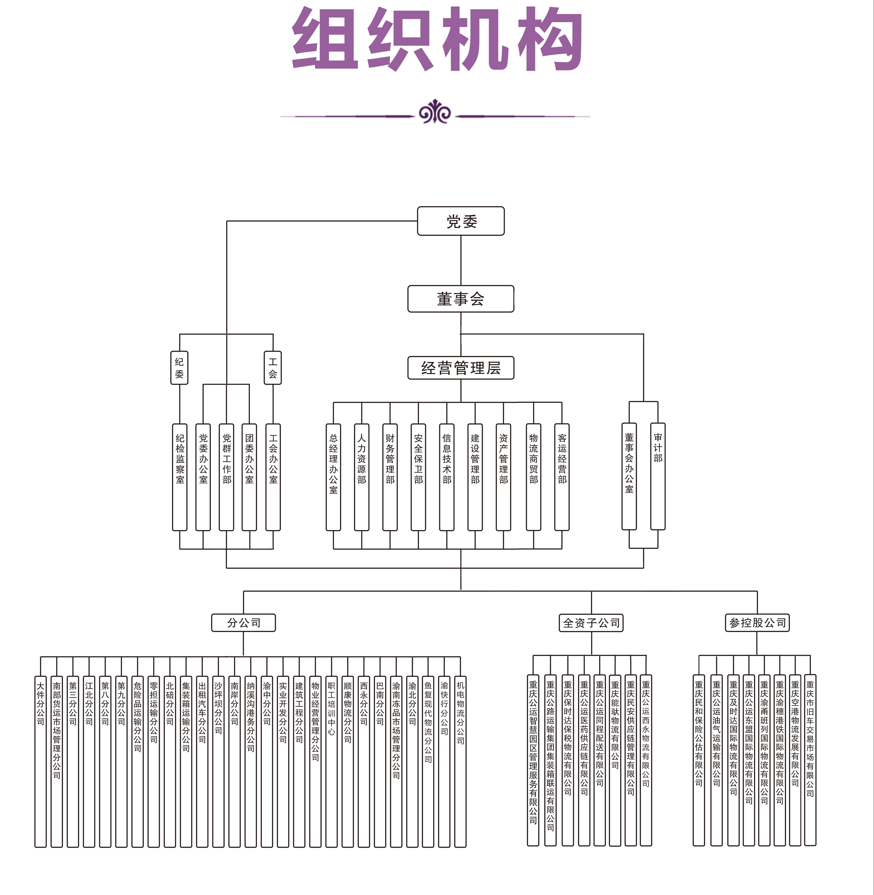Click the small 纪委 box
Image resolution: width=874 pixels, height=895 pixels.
click(180, 368)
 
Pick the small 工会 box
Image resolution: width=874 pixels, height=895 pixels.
click(273, 368)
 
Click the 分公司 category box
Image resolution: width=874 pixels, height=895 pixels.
click(243, 623)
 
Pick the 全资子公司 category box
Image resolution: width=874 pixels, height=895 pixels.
click(591, 623)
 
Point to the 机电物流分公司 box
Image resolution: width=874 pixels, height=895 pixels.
click(460, 761)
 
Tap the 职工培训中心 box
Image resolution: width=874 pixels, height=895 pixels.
click(331, 761)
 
